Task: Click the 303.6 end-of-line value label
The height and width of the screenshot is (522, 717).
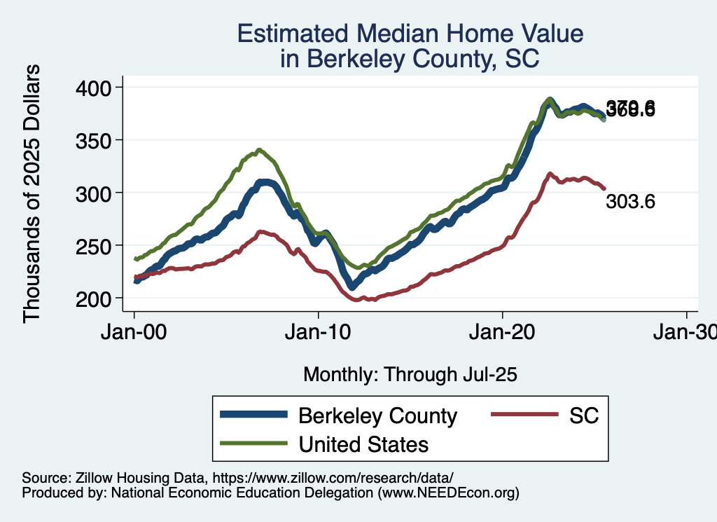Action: click(x=630, y=202)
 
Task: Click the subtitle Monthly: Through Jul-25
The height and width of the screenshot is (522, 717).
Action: click(x=410, y=375)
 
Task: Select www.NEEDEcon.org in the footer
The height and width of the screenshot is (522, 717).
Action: click(x=448, y=493)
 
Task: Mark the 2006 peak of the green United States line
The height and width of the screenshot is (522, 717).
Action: click(x=259, y=150)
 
